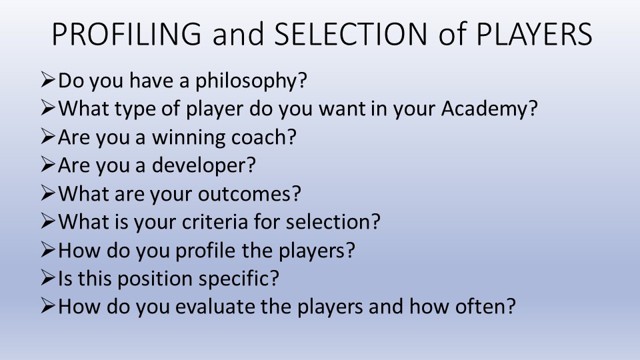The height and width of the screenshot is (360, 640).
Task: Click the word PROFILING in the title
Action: [127, 34]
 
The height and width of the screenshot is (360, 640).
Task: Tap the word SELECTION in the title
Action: [351, 34]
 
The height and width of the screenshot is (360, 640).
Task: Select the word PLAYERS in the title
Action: [534, 34]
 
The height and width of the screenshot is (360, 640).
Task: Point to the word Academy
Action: [485, 109]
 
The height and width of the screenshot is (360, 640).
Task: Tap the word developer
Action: [199, 166]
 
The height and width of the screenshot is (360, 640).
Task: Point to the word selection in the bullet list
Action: [329, 222]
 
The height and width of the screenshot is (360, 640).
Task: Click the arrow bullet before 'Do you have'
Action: [48, 80]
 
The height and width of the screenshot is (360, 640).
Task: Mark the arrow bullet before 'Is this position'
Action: [48, 278]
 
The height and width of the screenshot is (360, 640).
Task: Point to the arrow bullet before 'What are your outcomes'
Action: [48, 193]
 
